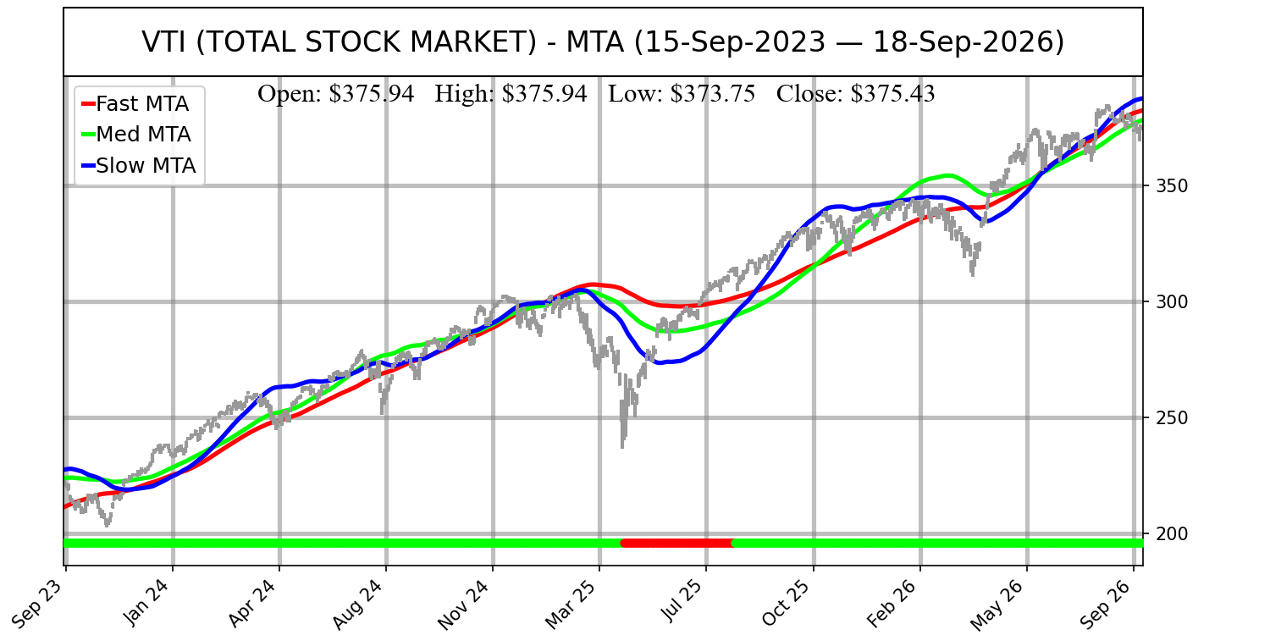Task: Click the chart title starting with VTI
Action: (603, 42)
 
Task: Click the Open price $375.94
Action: (372, 94)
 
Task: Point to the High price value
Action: (544, 94)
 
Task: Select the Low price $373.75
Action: (713, 94)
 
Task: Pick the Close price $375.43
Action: (892, 94)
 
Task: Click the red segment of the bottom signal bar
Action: (677, 544)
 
